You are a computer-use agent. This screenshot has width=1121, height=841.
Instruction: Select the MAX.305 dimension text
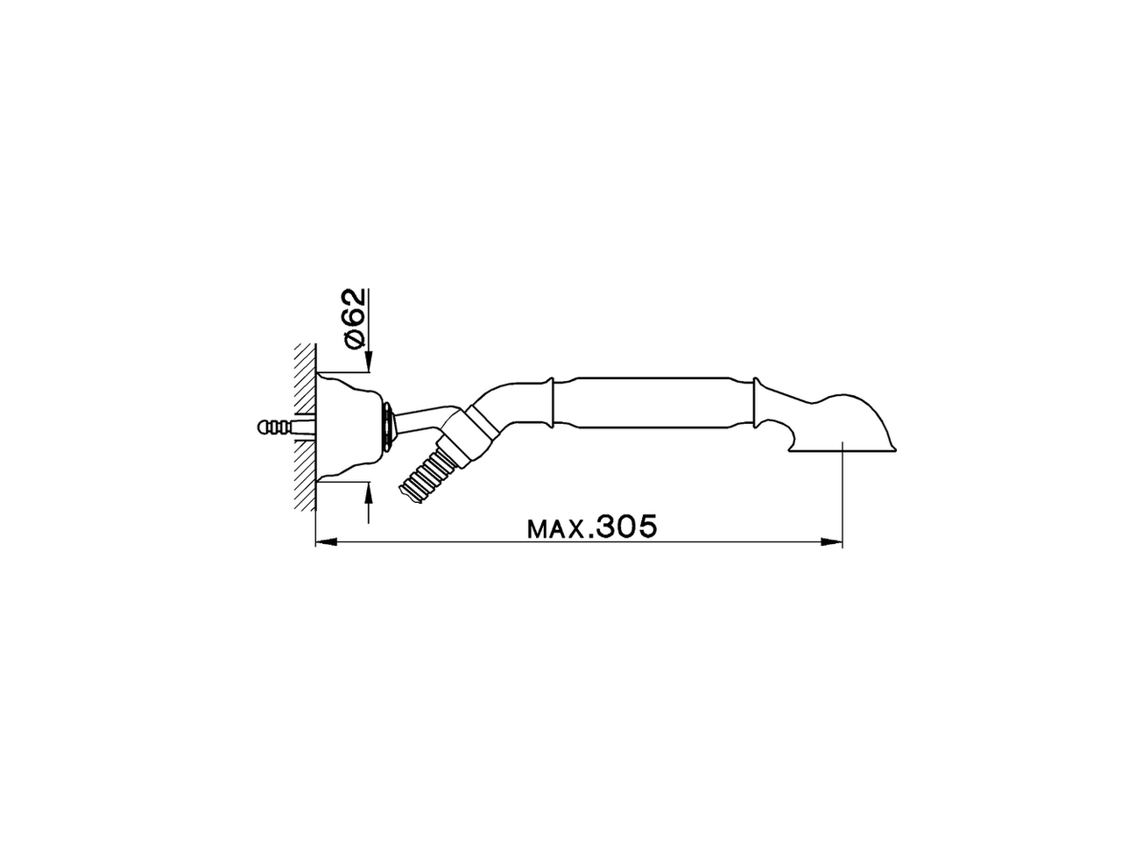tap(591, 527)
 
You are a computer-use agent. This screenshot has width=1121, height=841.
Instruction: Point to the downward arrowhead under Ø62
tap(369, 359)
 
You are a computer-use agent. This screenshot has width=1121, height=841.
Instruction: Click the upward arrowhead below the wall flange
tap(369, 491)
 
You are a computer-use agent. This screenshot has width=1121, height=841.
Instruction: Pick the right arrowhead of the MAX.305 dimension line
tap(833, 543)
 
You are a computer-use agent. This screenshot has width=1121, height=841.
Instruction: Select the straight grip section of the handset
tap(652, 405)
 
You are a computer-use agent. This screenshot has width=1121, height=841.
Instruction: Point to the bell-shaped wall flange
tap(346, 428)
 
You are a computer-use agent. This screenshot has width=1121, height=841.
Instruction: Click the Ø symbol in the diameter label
tap(353, 339)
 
